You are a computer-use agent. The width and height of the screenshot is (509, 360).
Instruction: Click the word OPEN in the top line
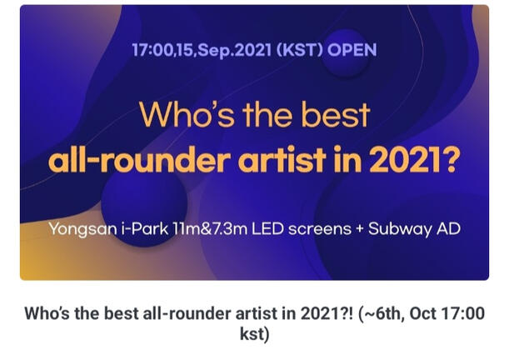352,50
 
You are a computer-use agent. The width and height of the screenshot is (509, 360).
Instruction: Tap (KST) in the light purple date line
300,50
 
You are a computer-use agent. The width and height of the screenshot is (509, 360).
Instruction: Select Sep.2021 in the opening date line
234,51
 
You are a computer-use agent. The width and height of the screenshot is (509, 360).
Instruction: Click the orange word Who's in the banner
187,115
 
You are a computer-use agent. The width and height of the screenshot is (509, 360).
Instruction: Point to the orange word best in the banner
336,115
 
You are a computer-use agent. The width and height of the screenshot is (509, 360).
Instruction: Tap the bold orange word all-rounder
140,160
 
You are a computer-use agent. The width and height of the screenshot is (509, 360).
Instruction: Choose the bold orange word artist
282,160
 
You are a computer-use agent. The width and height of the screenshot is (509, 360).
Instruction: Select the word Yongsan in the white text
82,229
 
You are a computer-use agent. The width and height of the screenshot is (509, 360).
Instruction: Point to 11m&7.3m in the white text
210,228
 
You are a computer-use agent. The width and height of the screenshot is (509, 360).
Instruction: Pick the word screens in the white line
320,230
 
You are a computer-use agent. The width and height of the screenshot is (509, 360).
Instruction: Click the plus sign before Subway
359,229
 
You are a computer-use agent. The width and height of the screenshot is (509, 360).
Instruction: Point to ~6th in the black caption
381,313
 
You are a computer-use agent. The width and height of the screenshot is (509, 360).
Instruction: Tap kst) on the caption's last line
255,334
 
